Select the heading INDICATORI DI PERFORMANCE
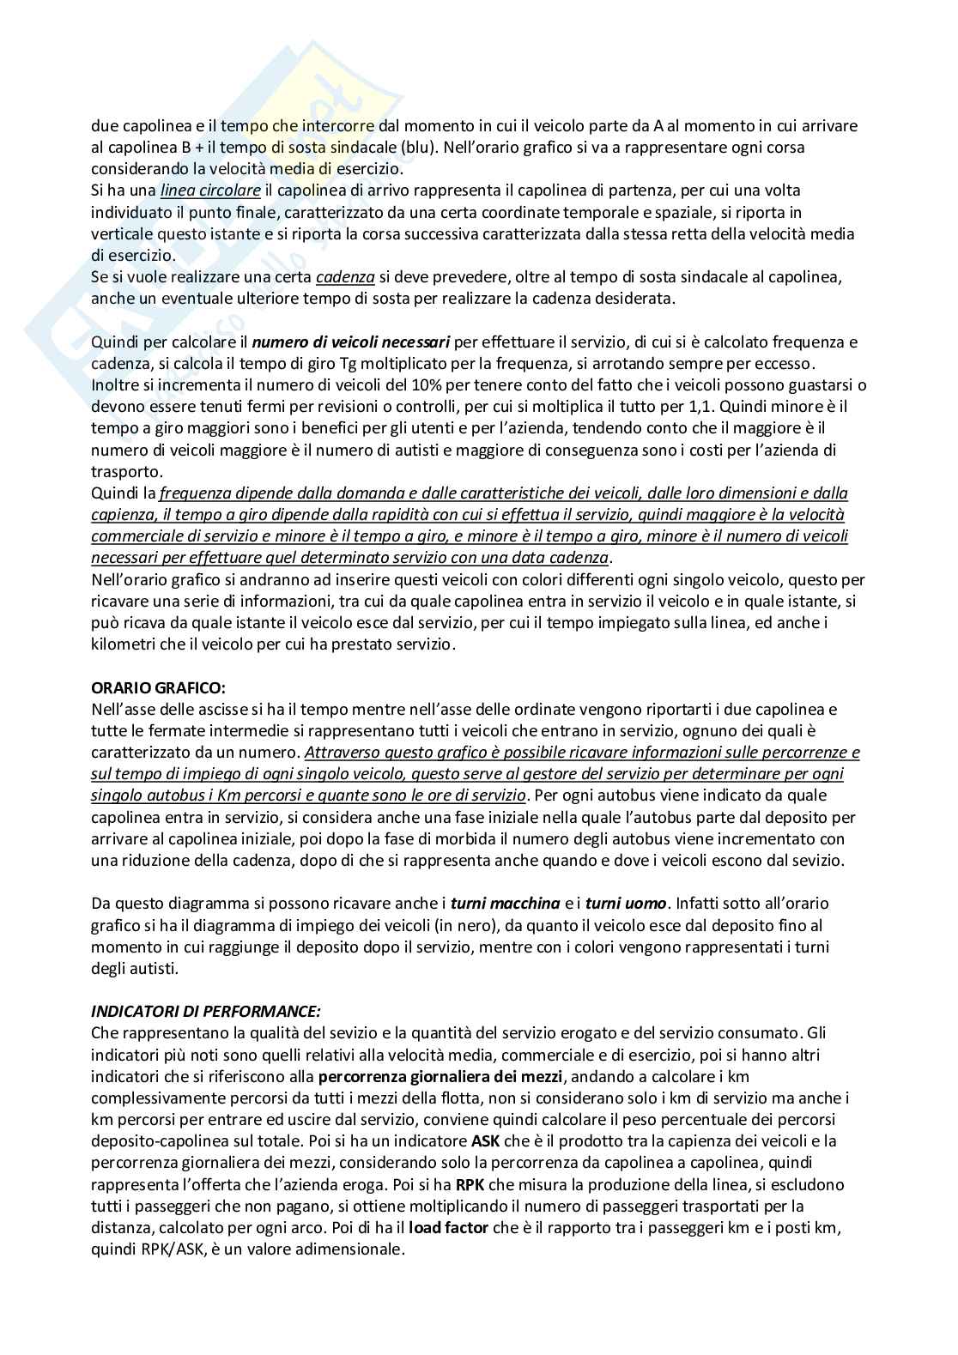coord(206,1011)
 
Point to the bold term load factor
coord(449,1227)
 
